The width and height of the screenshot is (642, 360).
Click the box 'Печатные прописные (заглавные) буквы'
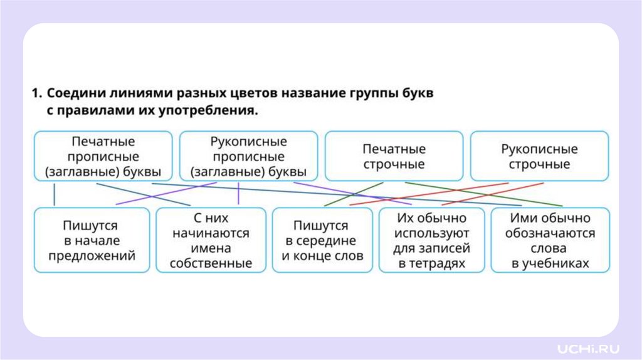(103, 156)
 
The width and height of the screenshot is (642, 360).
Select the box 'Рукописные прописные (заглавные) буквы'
(248, 156)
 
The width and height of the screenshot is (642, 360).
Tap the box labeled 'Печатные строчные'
(394, 157)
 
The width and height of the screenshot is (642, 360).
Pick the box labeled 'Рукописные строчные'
(539, 157)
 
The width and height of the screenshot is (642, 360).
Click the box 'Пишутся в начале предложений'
(92, 240)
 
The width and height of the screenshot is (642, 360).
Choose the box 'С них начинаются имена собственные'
(211, 240)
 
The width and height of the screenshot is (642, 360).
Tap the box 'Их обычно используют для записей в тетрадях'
(431, 240)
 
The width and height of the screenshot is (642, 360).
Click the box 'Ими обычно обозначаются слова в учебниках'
(550, 240)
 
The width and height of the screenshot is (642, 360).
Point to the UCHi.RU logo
(589, 347)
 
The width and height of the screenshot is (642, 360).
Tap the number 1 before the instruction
(36, 93)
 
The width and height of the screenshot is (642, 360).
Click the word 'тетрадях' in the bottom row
(432, 263)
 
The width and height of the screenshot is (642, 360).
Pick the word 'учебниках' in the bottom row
(550, 263)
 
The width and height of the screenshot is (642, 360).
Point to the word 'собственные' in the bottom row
(211, 263)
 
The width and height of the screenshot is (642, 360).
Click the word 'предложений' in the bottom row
(92, 256)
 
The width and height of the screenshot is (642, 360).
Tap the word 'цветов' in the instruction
(248, 93)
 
